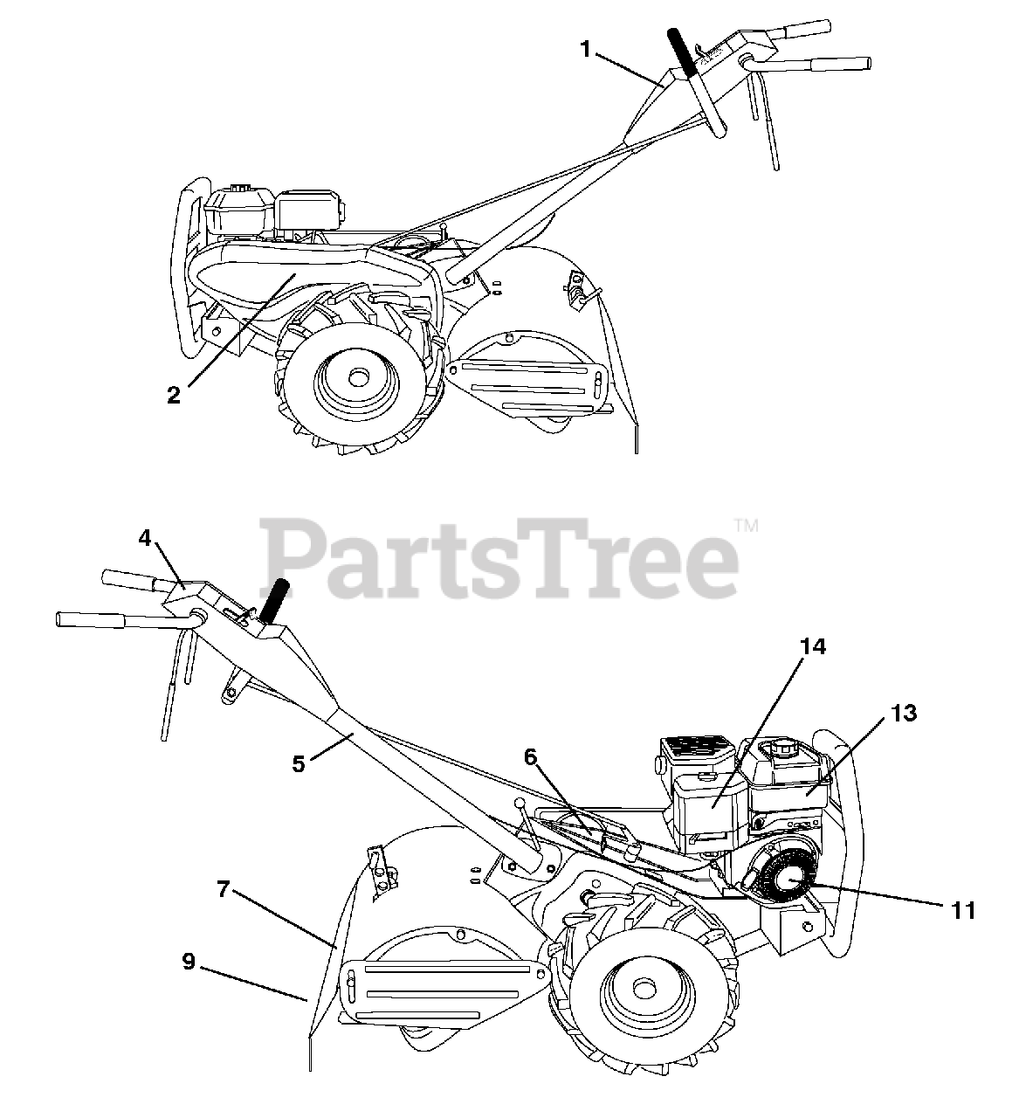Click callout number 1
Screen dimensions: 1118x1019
587,49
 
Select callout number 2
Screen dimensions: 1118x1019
175,395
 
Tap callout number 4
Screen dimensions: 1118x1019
145,539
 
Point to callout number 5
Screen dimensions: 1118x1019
299,763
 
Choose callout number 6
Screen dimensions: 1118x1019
529,757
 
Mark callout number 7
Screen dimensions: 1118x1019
224,890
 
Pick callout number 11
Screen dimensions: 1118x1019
963,910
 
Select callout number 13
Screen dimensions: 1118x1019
905,713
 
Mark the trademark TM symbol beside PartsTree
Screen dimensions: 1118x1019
747,526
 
